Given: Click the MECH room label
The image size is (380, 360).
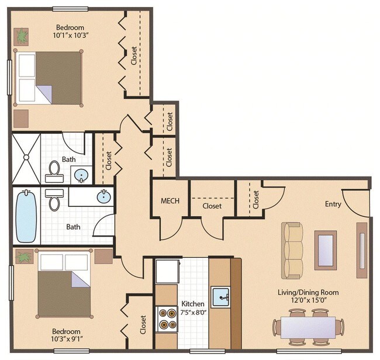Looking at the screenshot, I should click(x=170, y=202).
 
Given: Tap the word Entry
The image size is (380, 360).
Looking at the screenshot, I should click(x=333, y=204).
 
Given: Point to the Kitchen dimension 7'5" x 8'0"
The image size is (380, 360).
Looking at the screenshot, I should click(x=192, y=313).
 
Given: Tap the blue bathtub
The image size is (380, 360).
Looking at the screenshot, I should click(x=26, y=218).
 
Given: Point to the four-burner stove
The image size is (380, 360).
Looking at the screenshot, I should click(x=167, y=319).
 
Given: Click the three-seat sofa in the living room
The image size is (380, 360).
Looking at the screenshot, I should click(x=293, y=241).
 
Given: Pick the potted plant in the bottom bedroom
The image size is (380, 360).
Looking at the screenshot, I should click(x=24, y=257).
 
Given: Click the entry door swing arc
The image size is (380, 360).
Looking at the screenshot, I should click(x=354, y=202).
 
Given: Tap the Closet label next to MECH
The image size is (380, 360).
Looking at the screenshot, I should click(x=212, y=206).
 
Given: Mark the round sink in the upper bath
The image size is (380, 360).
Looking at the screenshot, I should click(x=82, y=175).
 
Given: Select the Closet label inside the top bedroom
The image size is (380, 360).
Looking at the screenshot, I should click(x=134, y=56).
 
